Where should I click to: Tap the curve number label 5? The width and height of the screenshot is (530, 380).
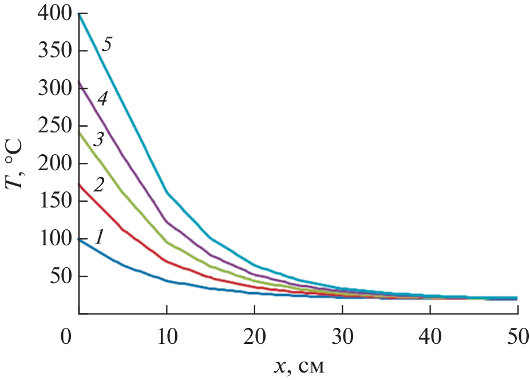[106, 44]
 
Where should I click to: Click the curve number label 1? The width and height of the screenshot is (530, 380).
[99, 236]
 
